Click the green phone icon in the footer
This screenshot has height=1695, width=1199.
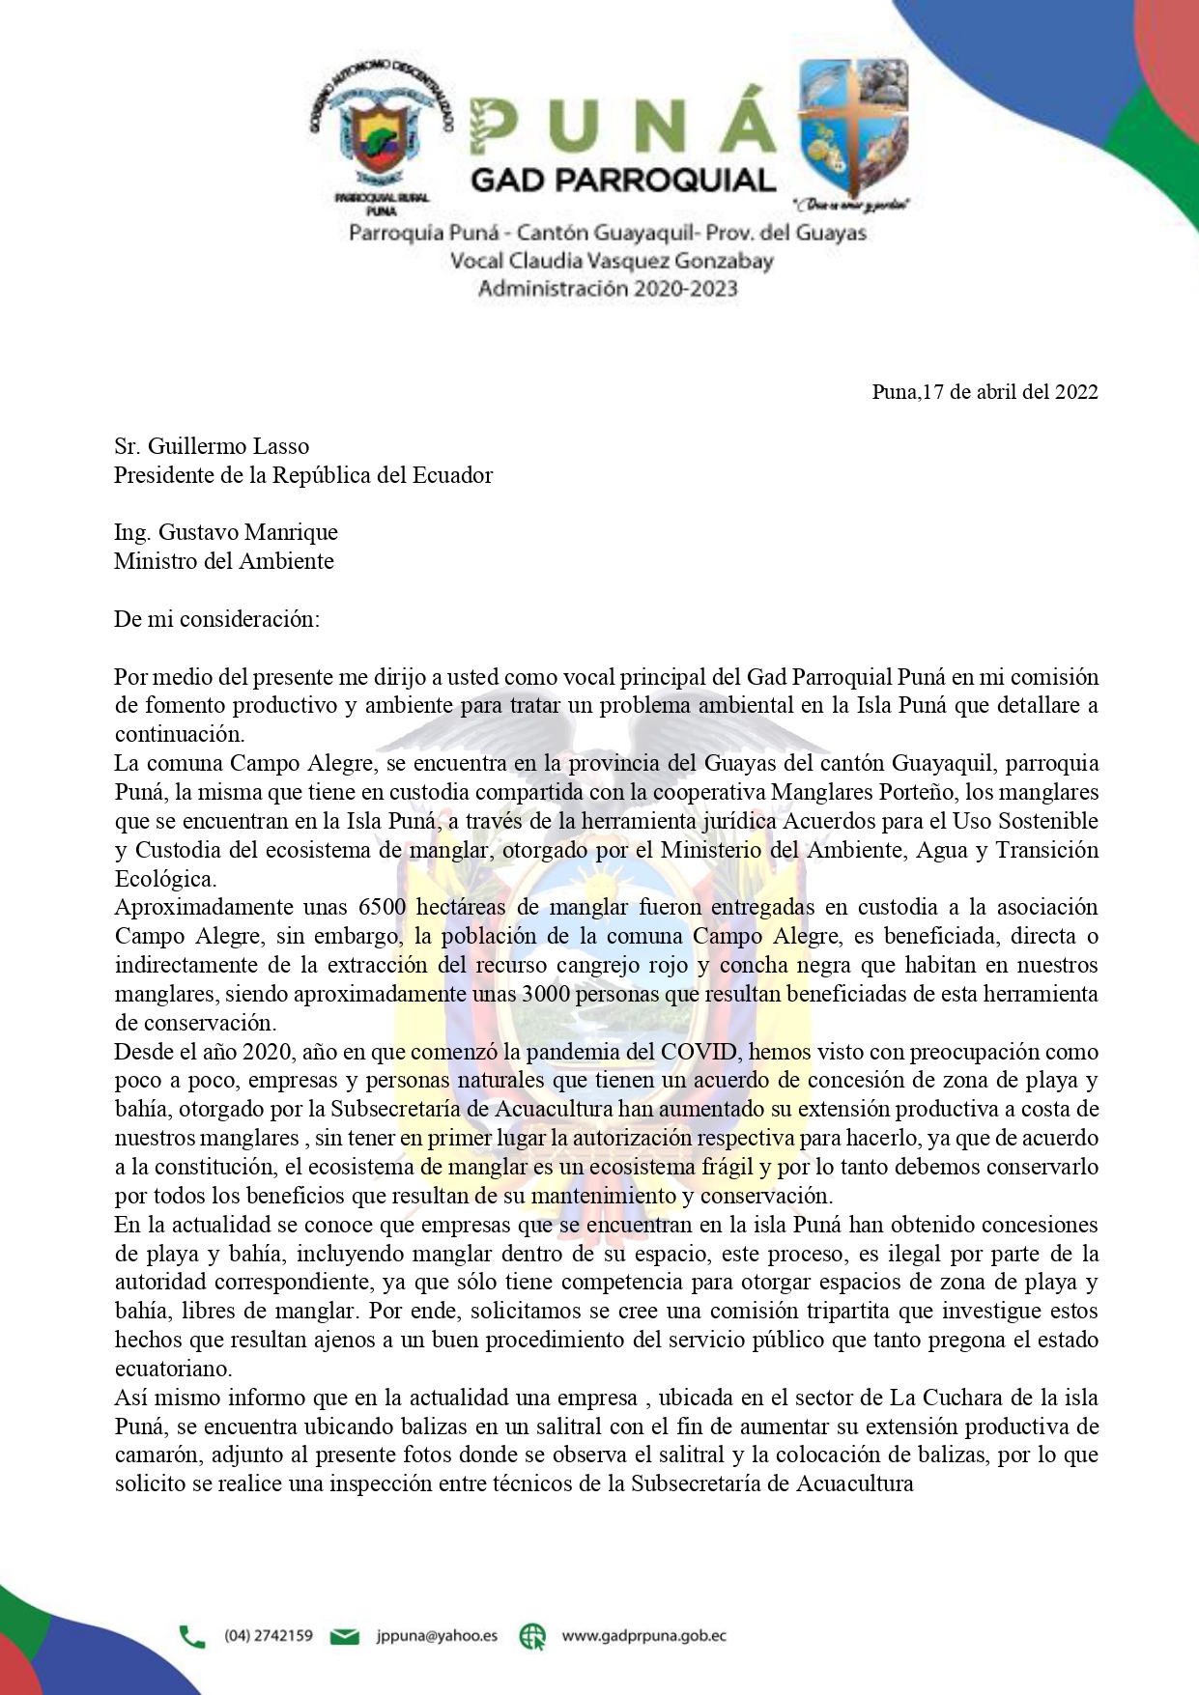pyautogui.click(x=192, y=1636)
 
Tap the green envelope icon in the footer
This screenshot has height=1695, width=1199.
pyautogui.click(x=345, y=1636)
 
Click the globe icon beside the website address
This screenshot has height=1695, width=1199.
pyautogui.click(x=532, y=1636)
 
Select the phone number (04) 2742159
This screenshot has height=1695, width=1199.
pyautogui.click(x=269, y=1635)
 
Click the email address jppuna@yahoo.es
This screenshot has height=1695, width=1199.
pyautogui.click(x=437, y=1635)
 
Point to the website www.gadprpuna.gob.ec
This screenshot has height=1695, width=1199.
pyautogui.click(x=643, y=1635)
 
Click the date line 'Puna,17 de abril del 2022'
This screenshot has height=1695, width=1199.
pyautogui.click(x=985, y=391)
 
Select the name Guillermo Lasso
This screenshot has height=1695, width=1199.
pyautogui.click(x=228, y=446)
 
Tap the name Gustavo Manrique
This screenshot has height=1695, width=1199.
pyautogui.click(x=248, y=532)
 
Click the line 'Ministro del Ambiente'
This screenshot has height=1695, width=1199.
pyautogui.click(x=224, y=561)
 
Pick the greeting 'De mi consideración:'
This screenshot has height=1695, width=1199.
pyautogui.click(x=216, y=619)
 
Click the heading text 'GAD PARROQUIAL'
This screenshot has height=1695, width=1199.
pyautogui.click(x=623, y=181)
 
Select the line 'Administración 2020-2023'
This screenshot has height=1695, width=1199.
pyautogui.click(x=608, y=288)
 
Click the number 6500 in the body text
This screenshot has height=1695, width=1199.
pyautogui.click(x=383, y=907)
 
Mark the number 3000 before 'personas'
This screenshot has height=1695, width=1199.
pyautogui.click(x=546, y=994)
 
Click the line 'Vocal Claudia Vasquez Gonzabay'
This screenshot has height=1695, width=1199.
pyautogui.click(x=611, y=261)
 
